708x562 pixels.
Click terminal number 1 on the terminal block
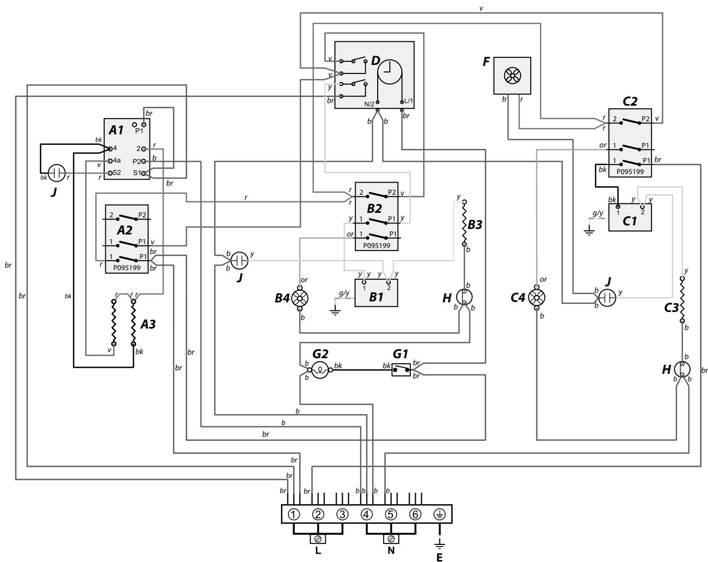[x=294, y=515]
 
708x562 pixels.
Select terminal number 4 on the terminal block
[x=367, y=515]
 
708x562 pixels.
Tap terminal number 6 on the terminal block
[x=415, y=515]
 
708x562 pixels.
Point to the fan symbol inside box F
[x=510, y=75]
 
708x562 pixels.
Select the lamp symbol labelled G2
[x=320, y=371]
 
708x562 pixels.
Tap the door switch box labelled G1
[x=401, y=371]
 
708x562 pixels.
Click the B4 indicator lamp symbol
[x=300, y=298]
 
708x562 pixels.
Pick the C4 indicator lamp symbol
[x=537, y=298]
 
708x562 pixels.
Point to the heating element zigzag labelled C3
[x=683, y=299]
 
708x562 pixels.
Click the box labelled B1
[x=376, y=293]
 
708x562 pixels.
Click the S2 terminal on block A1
[x=110, y=173]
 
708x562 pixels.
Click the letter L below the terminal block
[x=318, y=550]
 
